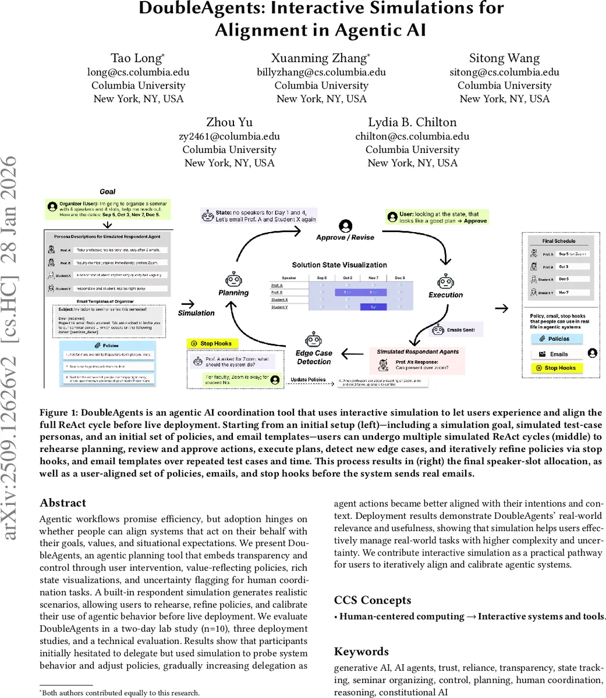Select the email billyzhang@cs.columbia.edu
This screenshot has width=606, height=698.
[321, 72]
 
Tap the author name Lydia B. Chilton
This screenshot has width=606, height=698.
[412, 123]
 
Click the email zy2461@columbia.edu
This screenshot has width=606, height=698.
[229, 136]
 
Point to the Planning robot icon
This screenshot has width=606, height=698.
[233, 279]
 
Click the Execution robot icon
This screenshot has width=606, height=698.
[446, 282]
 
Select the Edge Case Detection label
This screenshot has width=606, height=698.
[314, 357]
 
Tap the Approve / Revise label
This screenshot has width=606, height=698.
[345, 237]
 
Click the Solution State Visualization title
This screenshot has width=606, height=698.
[339, 265]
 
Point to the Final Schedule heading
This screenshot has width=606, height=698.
[559, 241]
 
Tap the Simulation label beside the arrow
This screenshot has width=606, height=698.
[197, 313]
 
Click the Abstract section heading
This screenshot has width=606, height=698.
[63, 503]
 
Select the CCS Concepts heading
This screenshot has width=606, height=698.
[373, 600]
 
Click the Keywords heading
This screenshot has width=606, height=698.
[361, 651]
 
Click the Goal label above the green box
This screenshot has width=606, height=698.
[108, 191]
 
